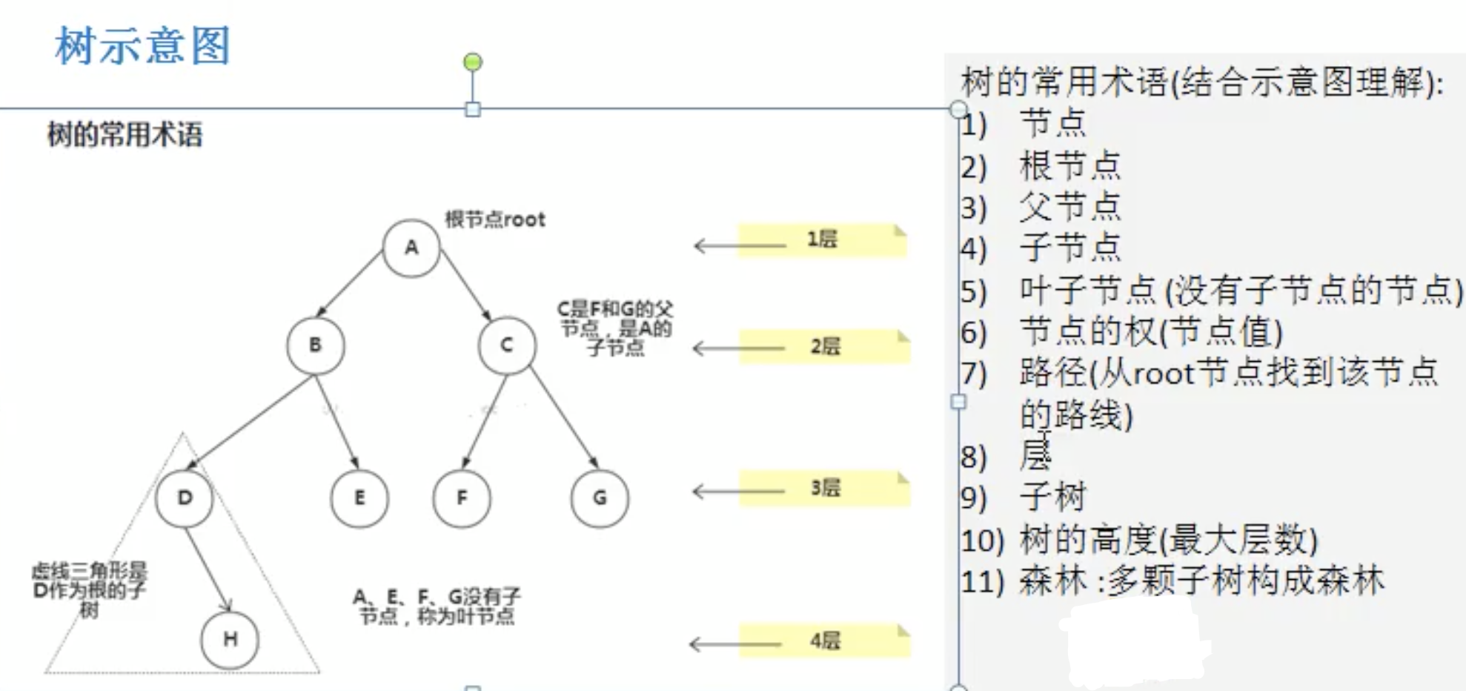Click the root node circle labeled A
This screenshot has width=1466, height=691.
tap(411, 248)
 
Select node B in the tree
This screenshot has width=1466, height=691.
tap(316, 345)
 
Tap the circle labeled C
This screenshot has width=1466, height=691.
tap(507, 345)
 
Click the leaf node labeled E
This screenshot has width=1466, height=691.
tap(359, 498)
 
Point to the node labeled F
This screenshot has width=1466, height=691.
tap(462, 498)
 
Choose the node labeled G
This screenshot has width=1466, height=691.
tap(600, 498)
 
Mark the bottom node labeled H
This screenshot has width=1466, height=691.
tap(230, 639)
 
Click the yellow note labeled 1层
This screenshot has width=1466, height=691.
tap(822, 239)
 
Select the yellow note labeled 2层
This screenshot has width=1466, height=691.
tap(824, 346)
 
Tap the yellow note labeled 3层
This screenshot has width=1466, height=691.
tap(824, 488)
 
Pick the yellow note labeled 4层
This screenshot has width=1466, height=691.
tap(824, 641)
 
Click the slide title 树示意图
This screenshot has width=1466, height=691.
tap(143, 46)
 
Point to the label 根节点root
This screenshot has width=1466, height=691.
tap(495, 219)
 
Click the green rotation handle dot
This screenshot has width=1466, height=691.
tap(473, 62)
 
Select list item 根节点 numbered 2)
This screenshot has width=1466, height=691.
tap(1069, 165)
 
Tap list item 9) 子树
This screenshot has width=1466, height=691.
tap(1052, 497)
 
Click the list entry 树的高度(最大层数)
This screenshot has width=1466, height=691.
tap(1168, 539)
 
